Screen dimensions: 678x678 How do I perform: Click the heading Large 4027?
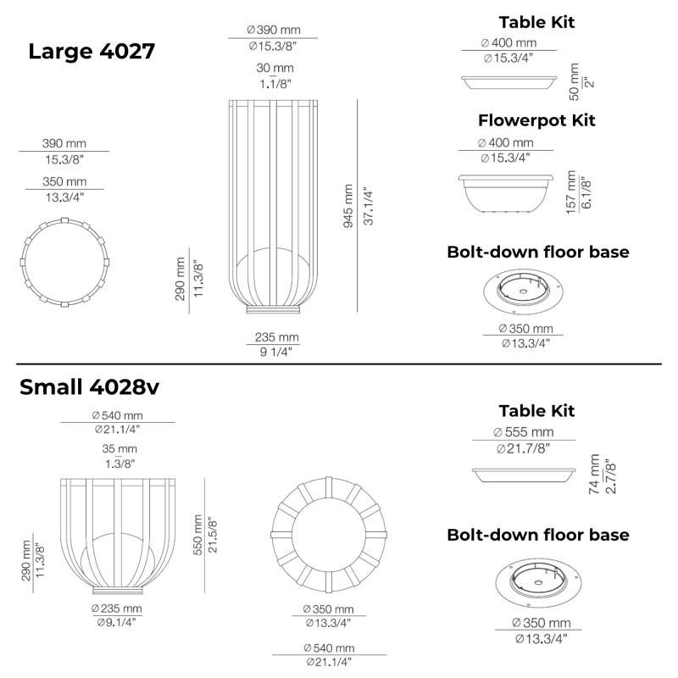tap(92, 51)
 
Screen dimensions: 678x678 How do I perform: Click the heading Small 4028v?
tap(89, 387)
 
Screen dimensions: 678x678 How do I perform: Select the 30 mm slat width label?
tap(275, 68)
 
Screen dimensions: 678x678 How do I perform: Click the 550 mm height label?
tap(199, 536)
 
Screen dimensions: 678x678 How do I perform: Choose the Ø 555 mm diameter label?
tap(523, 432)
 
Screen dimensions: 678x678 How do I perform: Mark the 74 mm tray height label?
tap(595, 475)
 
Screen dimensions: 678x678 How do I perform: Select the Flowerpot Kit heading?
tap(536, 120)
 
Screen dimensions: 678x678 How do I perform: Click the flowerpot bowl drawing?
tap(505, 192)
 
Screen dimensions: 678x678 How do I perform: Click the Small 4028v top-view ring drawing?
tap(327, 535)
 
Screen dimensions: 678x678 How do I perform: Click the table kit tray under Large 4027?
tap(507, 82)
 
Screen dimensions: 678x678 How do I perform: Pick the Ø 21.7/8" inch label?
tap(523, 447)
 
